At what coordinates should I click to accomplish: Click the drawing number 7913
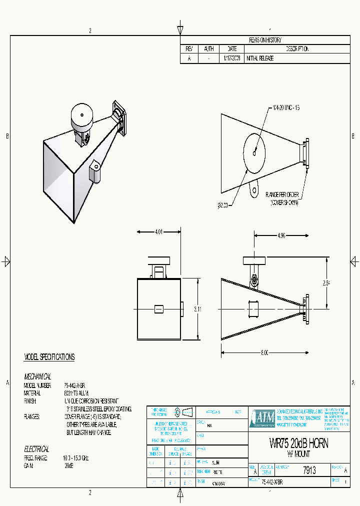pos(309,470)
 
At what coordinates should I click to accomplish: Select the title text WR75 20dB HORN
pos(298,444)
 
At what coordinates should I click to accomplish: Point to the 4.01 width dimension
pos(158,231)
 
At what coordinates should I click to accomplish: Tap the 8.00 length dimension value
pos(265,352)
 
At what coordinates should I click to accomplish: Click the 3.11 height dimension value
pos(197,309)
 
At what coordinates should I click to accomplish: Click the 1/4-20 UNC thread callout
pos(286,107)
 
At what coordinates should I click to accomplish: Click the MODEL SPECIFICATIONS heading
pos(49,357)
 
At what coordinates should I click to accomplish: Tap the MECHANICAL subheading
pos(37,376)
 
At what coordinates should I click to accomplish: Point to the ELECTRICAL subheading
pos(36,449)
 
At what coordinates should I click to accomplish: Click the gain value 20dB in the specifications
pos(69,465)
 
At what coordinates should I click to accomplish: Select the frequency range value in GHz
pos(75,458)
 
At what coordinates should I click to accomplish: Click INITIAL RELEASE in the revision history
pos(260,58)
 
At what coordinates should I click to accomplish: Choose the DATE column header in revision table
pos(232,49)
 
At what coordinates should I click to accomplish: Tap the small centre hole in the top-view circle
pos(254,153)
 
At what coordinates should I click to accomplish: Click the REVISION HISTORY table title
pos(265,40)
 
